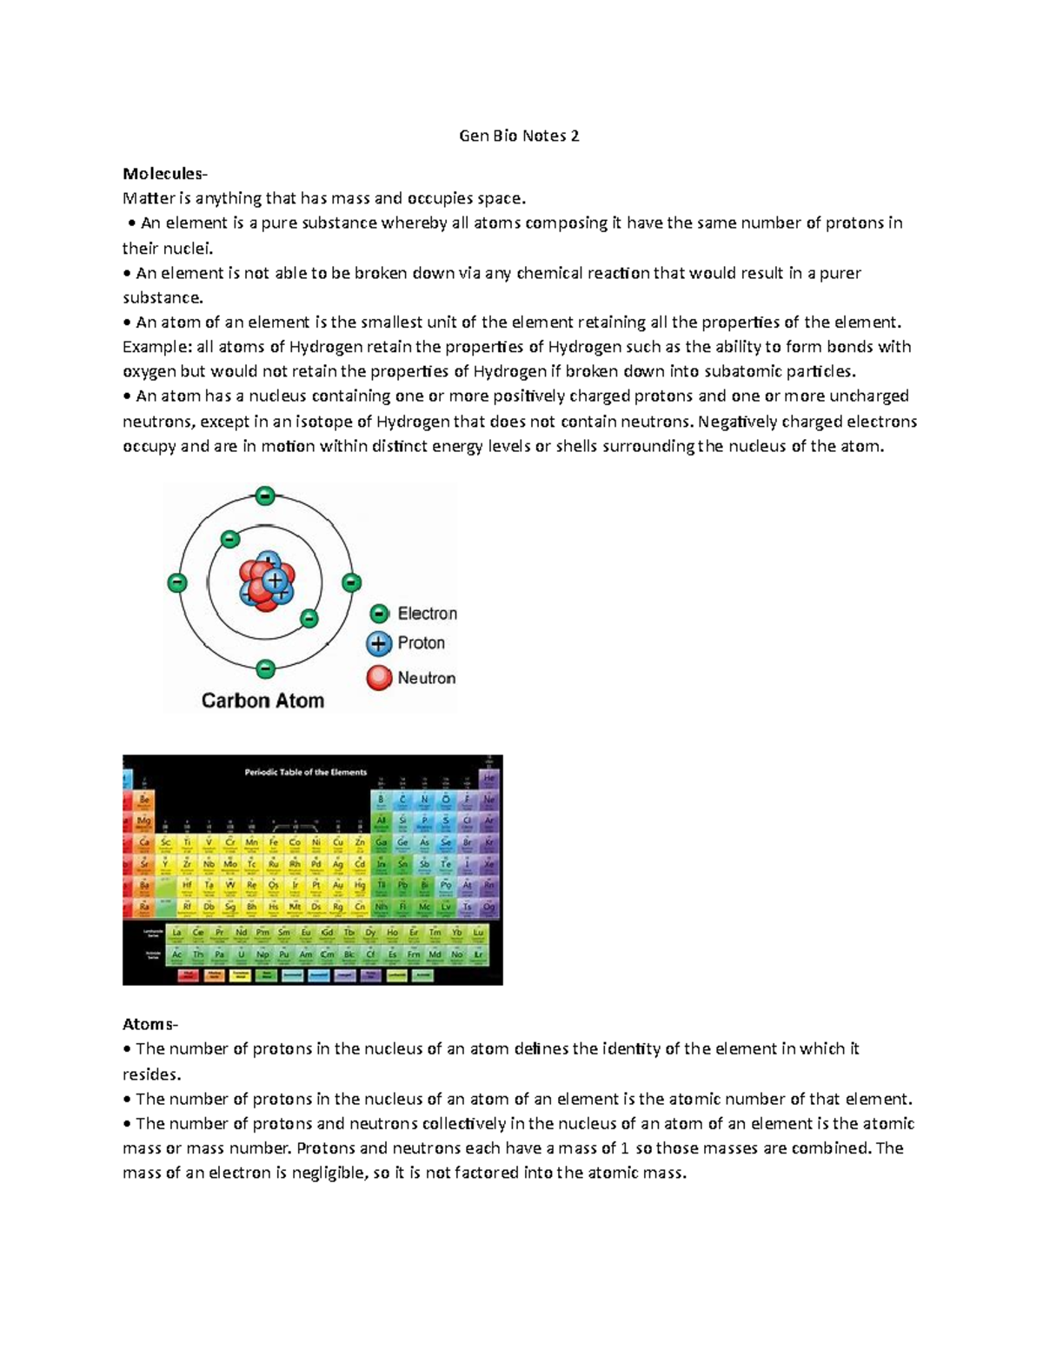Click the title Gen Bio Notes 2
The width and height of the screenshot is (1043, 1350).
coord(519,136)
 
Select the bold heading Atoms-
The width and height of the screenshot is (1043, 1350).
coord(150,1024)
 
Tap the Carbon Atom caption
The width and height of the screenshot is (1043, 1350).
coord(262,701)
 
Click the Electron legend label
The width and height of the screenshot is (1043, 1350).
coord(427,614)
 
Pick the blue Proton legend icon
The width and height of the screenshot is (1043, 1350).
coord(379,644)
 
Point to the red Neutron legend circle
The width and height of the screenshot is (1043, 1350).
coord(379,678)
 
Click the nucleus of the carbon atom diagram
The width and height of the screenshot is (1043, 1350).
coord(268,582)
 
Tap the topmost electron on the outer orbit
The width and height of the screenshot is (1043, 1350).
coord(265,496)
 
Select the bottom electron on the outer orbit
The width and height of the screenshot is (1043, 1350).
coord(266,668)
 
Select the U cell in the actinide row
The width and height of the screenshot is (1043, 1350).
coord(242,955)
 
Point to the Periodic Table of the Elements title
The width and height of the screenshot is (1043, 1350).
coord(306,772)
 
